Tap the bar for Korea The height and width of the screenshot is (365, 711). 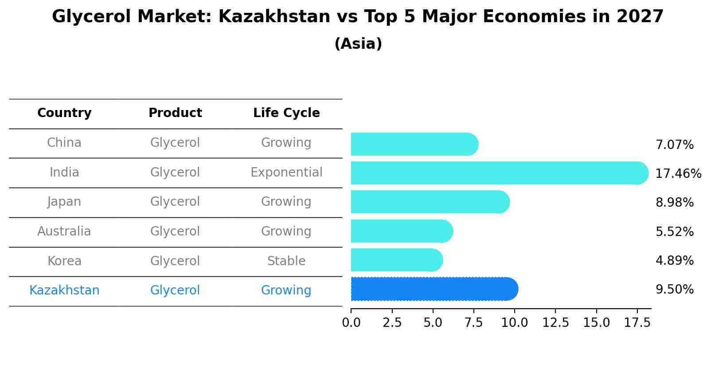[396, 260]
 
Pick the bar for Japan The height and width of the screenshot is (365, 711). [429, 202]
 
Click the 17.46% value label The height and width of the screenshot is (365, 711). [678, 173]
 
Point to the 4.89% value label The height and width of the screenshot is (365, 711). [674, 260]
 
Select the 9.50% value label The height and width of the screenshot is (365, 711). [674, 290]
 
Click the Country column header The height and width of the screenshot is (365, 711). [64, 113]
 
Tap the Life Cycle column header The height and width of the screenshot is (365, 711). [286, 113]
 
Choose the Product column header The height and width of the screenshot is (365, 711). [175, 113]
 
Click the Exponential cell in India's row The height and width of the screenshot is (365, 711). [286, 172]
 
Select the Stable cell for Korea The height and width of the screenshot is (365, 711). [286, 261]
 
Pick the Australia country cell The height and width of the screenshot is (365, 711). [64, 231]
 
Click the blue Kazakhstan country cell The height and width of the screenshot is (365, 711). [64, 290]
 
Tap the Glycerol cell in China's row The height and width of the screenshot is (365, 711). [175, 143]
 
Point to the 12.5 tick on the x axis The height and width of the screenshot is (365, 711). [555, 323]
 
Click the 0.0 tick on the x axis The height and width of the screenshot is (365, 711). [351, 323]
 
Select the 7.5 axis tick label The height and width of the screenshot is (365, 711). [473, 323]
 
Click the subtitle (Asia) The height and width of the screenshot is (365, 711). [358, 44]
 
